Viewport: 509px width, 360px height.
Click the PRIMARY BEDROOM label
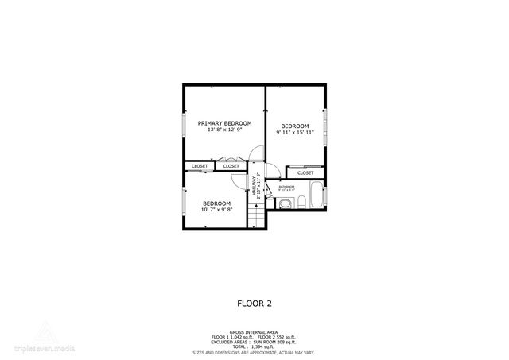pos(224,123)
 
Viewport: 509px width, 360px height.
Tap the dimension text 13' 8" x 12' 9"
pos(224,130)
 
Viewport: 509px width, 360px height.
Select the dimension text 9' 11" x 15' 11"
pos(294,132)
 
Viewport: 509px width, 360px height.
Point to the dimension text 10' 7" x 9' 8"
pos(216,210)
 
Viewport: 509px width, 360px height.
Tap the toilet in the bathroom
pos(284,204)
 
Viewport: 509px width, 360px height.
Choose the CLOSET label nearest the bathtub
pos(305,172)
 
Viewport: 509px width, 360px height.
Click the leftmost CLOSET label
pos(200,166)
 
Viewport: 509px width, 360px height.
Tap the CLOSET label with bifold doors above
pos(231,166)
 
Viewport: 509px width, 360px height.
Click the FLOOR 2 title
pos(254,302)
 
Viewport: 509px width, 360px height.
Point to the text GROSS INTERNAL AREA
pos(254,331)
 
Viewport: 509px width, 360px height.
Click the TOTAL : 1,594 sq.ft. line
pos(254,346)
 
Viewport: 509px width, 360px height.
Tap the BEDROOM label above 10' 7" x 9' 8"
pos(216,203)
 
